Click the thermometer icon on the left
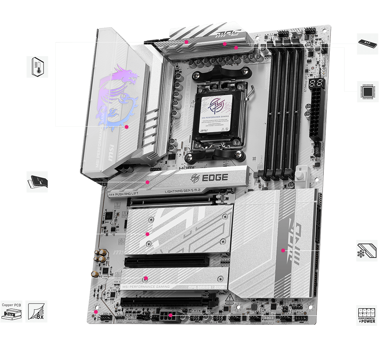(38, 67)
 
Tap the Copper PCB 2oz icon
(11, 311)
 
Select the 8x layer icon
(36, 311)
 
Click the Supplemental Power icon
(367, 315)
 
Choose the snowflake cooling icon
(367, 250)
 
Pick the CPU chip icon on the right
(367, 91)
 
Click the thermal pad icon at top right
(367, 44)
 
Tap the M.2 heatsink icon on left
(38, 182)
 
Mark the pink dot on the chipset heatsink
(283, 250)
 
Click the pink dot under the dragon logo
(127, 127)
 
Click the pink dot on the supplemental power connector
(171, 315)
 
